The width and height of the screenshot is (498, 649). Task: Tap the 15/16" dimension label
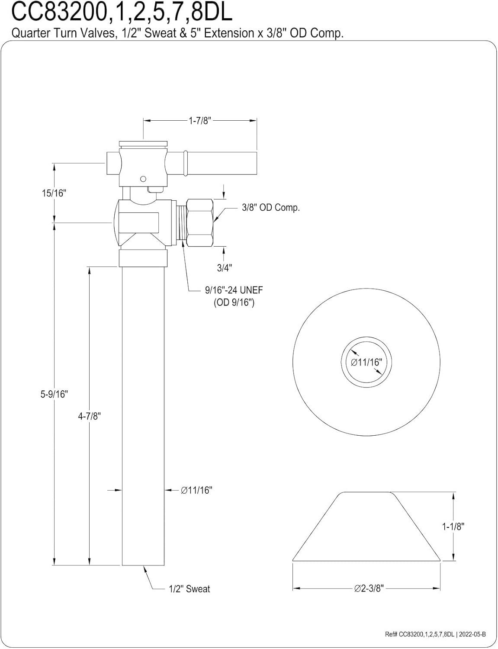[53, 193]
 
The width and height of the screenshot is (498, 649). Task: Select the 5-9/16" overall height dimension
[55, 394]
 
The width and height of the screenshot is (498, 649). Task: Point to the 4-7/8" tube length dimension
[89, 416]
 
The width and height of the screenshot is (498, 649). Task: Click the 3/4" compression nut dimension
[224, 268]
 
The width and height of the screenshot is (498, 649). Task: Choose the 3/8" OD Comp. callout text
[270, 208]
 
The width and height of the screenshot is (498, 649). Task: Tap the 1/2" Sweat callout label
[189, 589]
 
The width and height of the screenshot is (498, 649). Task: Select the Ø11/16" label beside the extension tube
[196, 490]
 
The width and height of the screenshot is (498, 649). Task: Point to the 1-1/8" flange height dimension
[453, 527]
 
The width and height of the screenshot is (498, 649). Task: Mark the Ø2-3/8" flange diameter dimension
[369, 588]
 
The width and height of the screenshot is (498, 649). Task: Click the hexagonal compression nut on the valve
[201, 222]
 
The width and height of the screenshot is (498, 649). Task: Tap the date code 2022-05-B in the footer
[472, 634]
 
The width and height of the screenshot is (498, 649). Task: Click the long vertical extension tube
[143, 415]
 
